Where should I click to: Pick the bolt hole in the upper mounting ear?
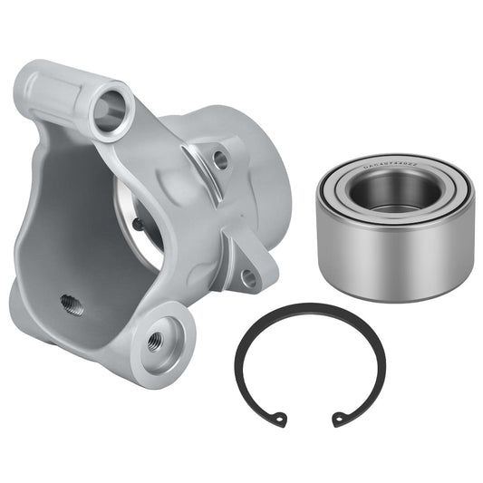(x=220, y=160)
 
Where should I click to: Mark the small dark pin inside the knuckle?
(x=136, y=222)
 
